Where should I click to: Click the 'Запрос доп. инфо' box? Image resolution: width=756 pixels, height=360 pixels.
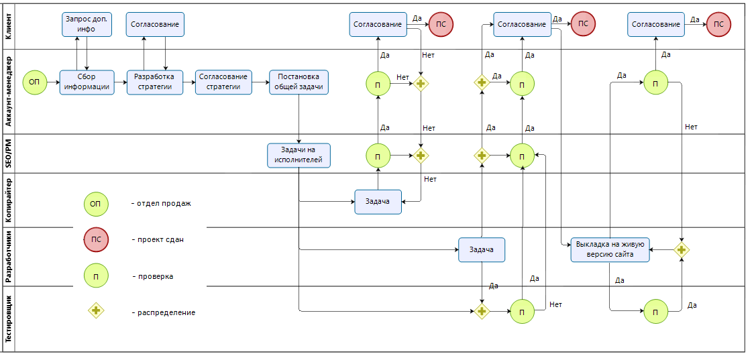tap(87, 24)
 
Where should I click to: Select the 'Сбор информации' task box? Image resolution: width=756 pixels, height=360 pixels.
tap(87, 82)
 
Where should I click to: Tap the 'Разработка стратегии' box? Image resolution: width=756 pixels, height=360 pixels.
tap(154, 82)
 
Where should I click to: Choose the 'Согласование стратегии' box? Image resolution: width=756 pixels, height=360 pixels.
tap(224, 82)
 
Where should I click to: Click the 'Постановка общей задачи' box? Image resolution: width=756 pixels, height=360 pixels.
tap(299, 82)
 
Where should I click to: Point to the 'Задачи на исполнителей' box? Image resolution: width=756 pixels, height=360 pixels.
tap(299, 155)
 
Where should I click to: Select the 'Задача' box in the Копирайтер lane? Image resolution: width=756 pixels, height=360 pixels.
tap(378, 201)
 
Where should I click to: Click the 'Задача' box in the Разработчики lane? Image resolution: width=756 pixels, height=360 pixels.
tap(482, 250)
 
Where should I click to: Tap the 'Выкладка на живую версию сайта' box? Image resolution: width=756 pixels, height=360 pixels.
tap(610, 249)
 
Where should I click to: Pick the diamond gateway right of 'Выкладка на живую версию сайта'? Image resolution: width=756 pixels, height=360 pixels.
tap(682, 249)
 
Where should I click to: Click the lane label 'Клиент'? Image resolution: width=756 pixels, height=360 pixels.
tap(8, 26)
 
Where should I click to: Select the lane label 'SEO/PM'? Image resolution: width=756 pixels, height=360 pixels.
tap(8, 154)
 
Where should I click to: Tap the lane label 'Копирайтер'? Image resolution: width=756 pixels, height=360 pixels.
tap(8, 200)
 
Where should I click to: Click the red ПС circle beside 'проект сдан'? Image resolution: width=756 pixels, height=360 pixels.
tap(96, 239)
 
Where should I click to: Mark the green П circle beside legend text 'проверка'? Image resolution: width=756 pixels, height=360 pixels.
tap(96, 276)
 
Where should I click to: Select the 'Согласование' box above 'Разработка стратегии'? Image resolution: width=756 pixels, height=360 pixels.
tap(155, 24)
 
